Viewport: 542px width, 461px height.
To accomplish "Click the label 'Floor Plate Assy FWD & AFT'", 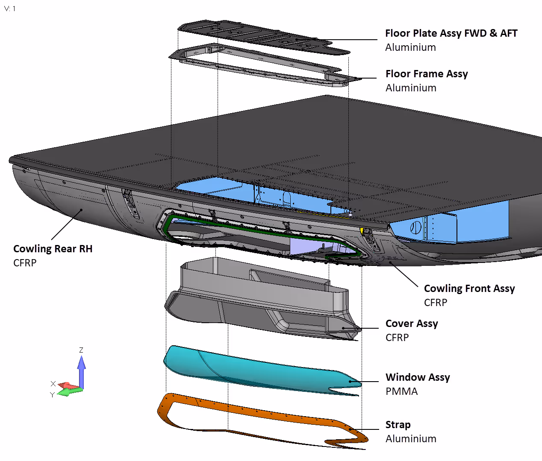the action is [x=451, y=33].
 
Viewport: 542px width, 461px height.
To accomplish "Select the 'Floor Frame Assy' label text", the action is [x=427, y=74].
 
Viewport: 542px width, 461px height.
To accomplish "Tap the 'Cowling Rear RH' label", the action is [x=53, y=249].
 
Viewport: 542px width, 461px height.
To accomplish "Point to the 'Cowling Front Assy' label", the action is [x=469, y=289].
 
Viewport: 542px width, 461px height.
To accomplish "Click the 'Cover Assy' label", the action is [x=411, y=324].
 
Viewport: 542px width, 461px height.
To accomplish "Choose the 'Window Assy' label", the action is [x=417, y=377].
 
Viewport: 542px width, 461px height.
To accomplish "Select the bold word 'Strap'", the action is [x=398, y=425].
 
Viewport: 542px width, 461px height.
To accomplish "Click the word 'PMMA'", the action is [x=401, y=391].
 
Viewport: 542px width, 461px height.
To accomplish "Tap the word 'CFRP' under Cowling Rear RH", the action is [x=25, y=263].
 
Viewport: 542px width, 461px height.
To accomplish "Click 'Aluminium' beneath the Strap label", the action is [x=410, y=439].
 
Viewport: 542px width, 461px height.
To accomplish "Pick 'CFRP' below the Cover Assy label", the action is [x=397, y=338].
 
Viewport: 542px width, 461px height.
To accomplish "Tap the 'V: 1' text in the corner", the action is [x=10, y=9].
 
